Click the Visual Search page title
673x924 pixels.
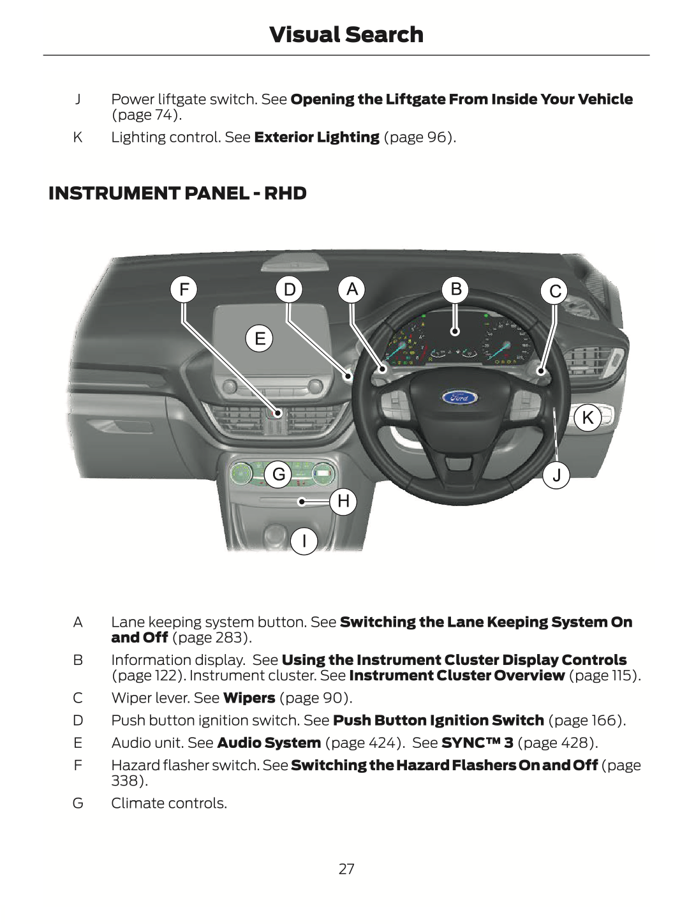[346, 34]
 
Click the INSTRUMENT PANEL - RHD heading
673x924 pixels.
[177, 193]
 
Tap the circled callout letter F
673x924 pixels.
[184, 290]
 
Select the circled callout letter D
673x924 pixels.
[290, 290]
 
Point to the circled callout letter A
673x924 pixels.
[351, 290]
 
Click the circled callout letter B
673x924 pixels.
[455, 290]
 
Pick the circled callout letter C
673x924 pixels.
[555, 291]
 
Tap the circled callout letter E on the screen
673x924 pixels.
[260, 338]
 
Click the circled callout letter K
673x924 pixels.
[588, 418]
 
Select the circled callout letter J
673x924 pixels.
[557, 475]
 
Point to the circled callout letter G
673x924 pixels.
[279, 474]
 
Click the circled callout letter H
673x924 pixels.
[343, 501]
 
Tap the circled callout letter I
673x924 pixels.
[304, 541]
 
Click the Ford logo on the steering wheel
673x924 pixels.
[459, 398]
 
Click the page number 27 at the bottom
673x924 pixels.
[346, 868]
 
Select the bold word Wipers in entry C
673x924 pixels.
[249, 698]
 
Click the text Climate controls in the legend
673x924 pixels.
[169, 803]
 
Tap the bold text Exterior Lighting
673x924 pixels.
[316, 137]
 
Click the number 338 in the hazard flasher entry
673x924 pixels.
[125, 780]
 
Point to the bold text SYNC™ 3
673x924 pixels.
[477, 743]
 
